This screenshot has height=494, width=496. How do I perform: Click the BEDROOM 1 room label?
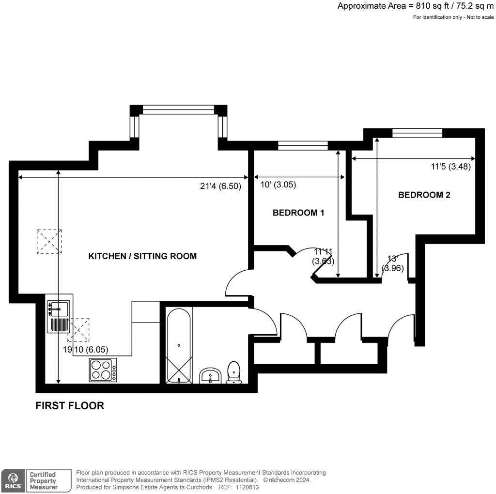click(298, 213)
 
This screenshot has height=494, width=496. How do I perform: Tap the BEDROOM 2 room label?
click(424, 195)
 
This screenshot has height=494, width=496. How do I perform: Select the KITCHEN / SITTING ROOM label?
click(142, 256)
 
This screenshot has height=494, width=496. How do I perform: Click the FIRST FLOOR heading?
click(70, 406)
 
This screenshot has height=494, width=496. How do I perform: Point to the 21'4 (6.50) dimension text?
click(220, 185)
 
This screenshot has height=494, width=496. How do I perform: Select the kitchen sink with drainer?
click(59, 316)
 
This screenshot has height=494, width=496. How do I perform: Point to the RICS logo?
click(12, 480)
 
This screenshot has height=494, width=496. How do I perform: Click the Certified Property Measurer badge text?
click(43, 480)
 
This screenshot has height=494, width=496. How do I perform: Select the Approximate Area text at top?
click(415, 6)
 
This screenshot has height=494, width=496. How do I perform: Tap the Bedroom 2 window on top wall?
click(417, 133)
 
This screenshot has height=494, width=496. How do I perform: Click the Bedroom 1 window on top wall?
click(303, 145)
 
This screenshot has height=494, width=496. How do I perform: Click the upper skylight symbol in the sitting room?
click(49, 241)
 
